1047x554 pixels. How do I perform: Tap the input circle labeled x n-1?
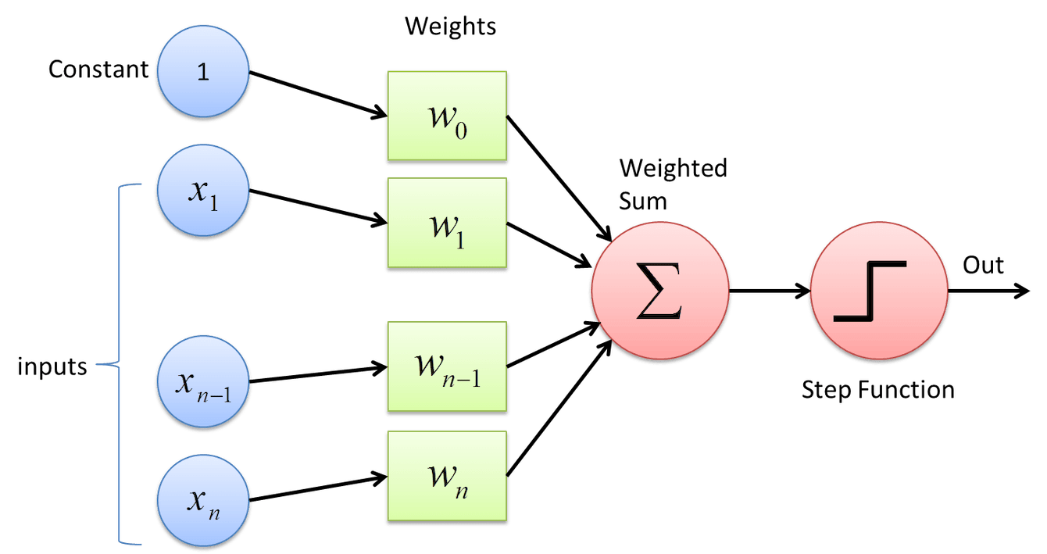click(203, 383)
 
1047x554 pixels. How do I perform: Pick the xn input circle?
click(203, 498)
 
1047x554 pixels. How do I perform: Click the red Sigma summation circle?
click(660, 292)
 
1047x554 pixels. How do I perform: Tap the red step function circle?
click(879, 292)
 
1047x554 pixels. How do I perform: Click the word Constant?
click(98, 70)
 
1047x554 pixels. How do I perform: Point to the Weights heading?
click(449, 27)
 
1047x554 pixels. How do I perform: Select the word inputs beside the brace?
click(52, 366)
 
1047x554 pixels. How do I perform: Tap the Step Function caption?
click(878, 390)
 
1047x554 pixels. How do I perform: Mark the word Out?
click(983, 266)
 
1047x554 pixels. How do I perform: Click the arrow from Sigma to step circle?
click(770, 292)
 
